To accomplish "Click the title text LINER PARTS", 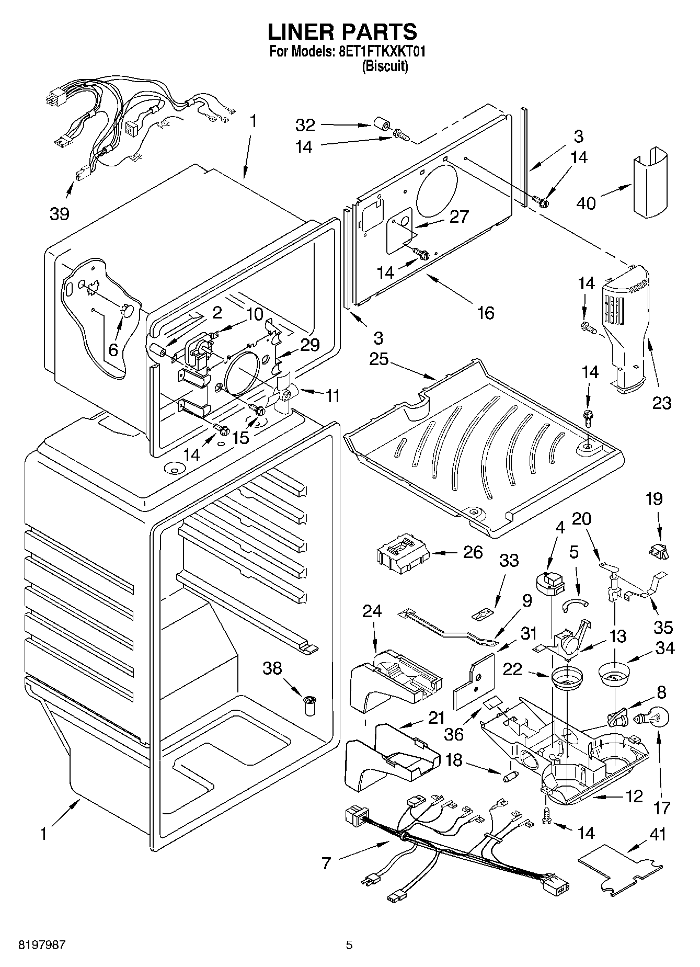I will tap(342, 32).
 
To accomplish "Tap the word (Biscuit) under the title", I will tap(385, 66).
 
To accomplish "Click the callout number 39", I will tap(60, 213).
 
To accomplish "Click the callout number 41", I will tap(658, 834).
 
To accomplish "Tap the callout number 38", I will tap(272, 668).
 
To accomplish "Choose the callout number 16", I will tap(486, 312).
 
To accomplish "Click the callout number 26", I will tap(473, 552).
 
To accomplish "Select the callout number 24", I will tap(372, 611).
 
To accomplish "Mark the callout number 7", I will tap(326, 863).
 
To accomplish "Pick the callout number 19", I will tap(653, 499).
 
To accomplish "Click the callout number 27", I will tap(459, 217).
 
